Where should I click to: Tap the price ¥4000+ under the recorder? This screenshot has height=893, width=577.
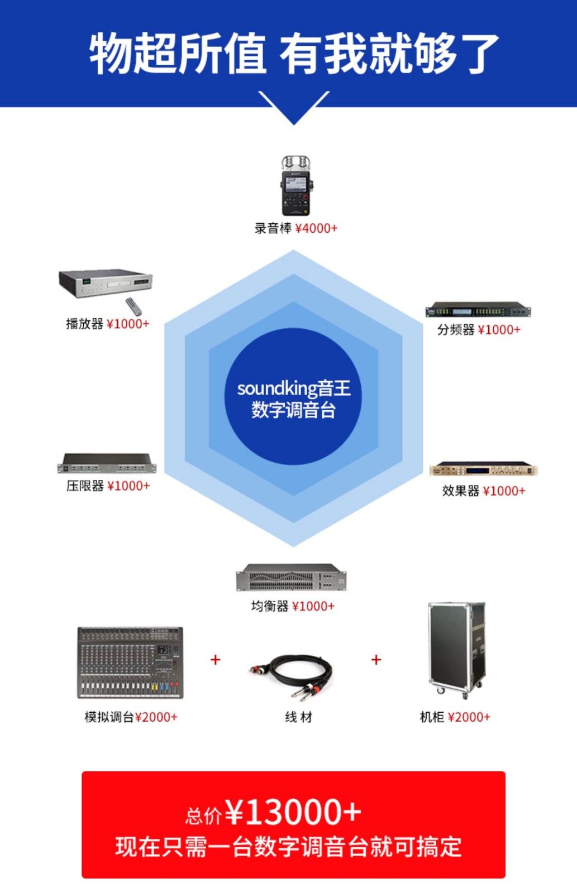pos(316,228)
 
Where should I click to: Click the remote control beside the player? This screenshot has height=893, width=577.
pos(133,306)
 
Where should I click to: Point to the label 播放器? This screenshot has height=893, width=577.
pos(84,324)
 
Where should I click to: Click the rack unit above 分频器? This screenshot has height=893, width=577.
pos(478,310)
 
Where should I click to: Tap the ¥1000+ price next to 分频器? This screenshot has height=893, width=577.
pos(499,330)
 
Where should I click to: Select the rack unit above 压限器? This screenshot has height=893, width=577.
pos(107,464)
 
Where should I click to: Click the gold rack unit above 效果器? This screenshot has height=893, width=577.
pos(483,469)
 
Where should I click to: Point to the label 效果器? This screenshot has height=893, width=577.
pos(461,491)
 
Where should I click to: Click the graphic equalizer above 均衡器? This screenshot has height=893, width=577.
pos(291,577)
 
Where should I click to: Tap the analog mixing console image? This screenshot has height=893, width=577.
pos(130,662)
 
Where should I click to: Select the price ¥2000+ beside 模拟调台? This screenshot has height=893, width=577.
pos(156,717)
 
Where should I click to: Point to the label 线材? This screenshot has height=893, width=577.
pos(298,717)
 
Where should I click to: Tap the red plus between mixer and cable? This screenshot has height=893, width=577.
pos(216,660)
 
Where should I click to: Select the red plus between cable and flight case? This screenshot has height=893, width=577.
pos(376,660)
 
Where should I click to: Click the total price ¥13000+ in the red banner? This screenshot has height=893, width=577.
pos(293,812)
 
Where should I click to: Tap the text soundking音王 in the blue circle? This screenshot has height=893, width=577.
pos(294,388)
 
